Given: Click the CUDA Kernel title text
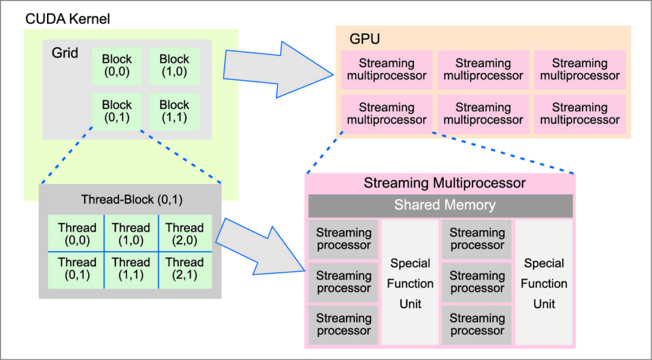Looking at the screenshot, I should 67,19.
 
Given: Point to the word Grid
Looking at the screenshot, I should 65,53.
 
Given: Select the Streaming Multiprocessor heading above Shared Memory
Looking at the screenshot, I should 444,183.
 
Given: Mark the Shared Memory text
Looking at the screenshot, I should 444,205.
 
